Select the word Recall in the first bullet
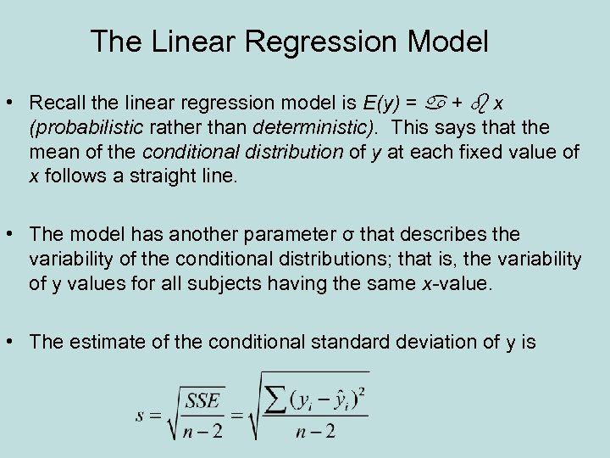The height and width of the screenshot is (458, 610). click(x=55, y=103)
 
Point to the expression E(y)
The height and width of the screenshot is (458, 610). click(x=380, y=103)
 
